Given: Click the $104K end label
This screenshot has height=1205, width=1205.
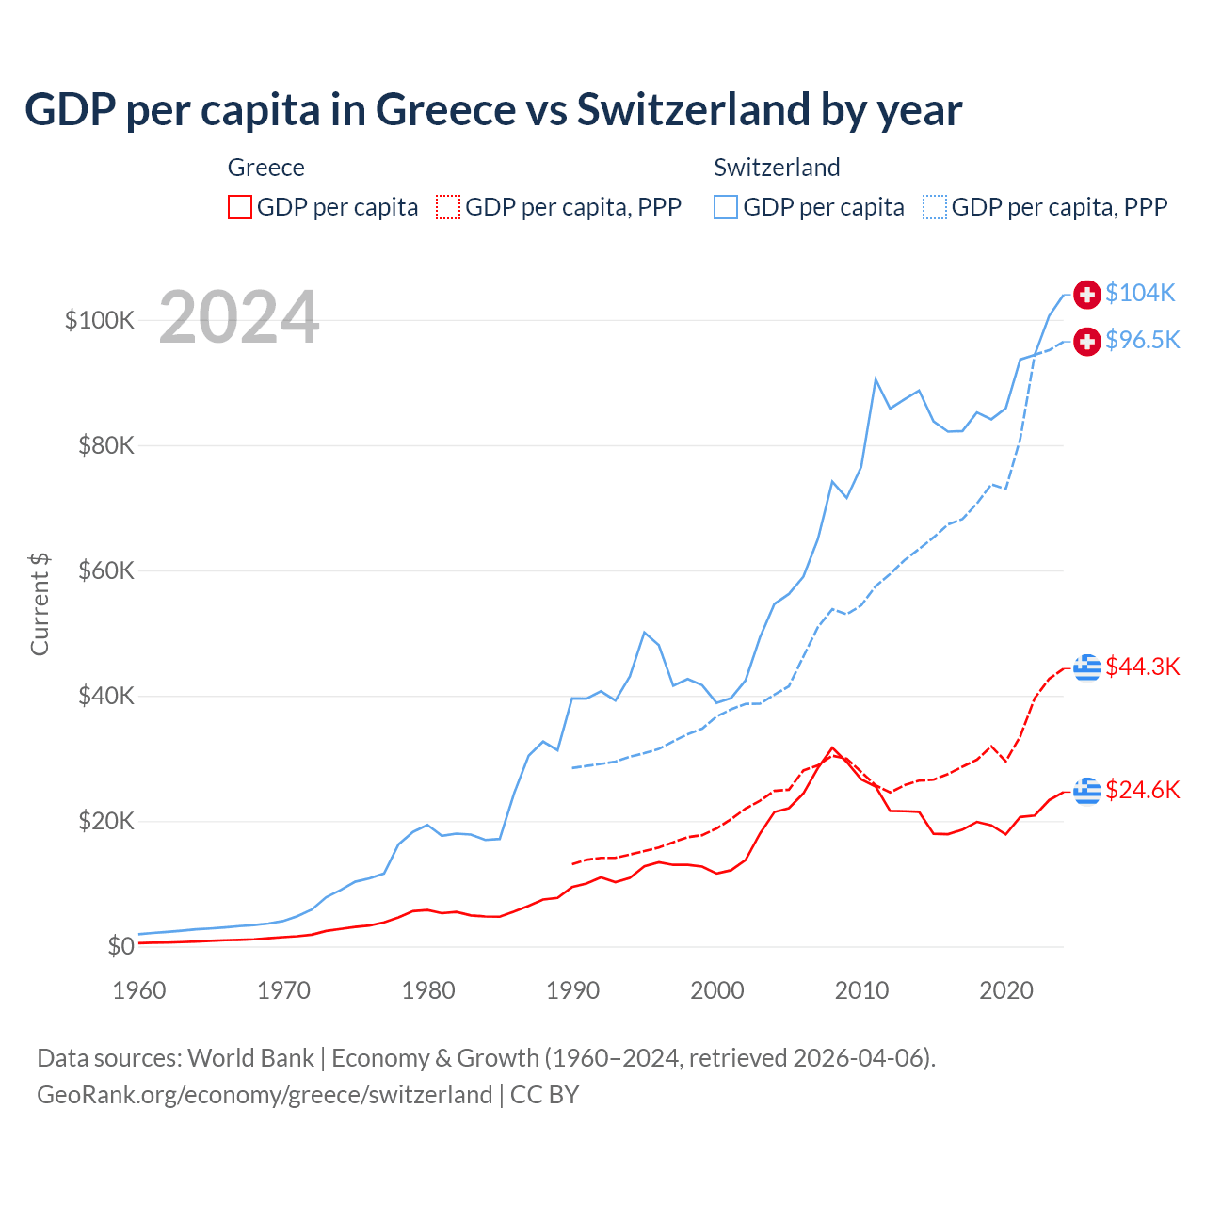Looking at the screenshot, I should [1140, 293].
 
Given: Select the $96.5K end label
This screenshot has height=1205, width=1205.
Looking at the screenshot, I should [1142, 340].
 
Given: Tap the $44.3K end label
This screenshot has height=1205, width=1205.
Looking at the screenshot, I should [1142, 667].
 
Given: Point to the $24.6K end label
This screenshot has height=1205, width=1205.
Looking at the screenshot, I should [1142, 790].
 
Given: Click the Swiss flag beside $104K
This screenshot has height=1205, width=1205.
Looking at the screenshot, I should [1087, 294].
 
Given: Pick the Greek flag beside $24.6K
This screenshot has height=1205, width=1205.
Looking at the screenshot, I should [1087, 791].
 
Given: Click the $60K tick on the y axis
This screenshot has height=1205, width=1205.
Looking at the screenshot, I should [106, 570].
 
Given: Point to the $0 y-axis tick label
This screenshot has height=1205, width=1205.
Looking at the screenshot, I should [120, 946].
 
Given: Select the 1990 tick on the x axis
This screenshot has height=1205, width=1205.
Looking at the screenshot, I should [572, 990].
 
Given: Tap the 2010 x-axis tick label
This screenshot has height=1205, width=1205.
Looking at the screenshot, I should [861, 990].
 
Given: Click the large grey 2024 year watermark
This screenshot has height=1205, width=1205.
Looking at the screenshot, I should [239, 317].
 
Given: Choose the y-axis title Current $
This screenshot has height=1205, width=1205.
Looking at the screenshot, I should [40, 603].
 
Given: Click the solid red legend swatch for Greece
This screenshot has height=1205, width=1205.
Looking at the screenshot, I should [240, 207].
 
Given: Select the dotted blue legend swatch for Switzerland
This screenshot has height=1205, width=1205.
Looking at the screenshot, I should [935, 207].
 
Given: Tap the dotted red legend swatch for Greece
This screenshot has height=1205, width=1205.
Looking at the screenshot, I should [448, 207].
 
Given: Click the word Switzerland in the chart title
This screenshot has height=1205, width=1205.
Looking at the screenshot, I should [691, 109].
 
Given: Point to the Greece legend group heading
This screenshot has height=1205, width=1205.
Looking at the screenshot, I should [266, 168].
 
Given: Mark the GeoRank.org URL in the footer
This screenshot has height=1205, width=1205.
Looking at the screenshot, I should [265, 1095].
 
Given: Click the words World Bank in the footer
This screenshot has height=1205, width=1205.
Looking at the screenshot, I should [250, 1058].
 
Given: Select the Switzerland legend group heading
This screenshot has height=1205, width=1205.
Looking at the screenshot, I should [777, 168].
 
